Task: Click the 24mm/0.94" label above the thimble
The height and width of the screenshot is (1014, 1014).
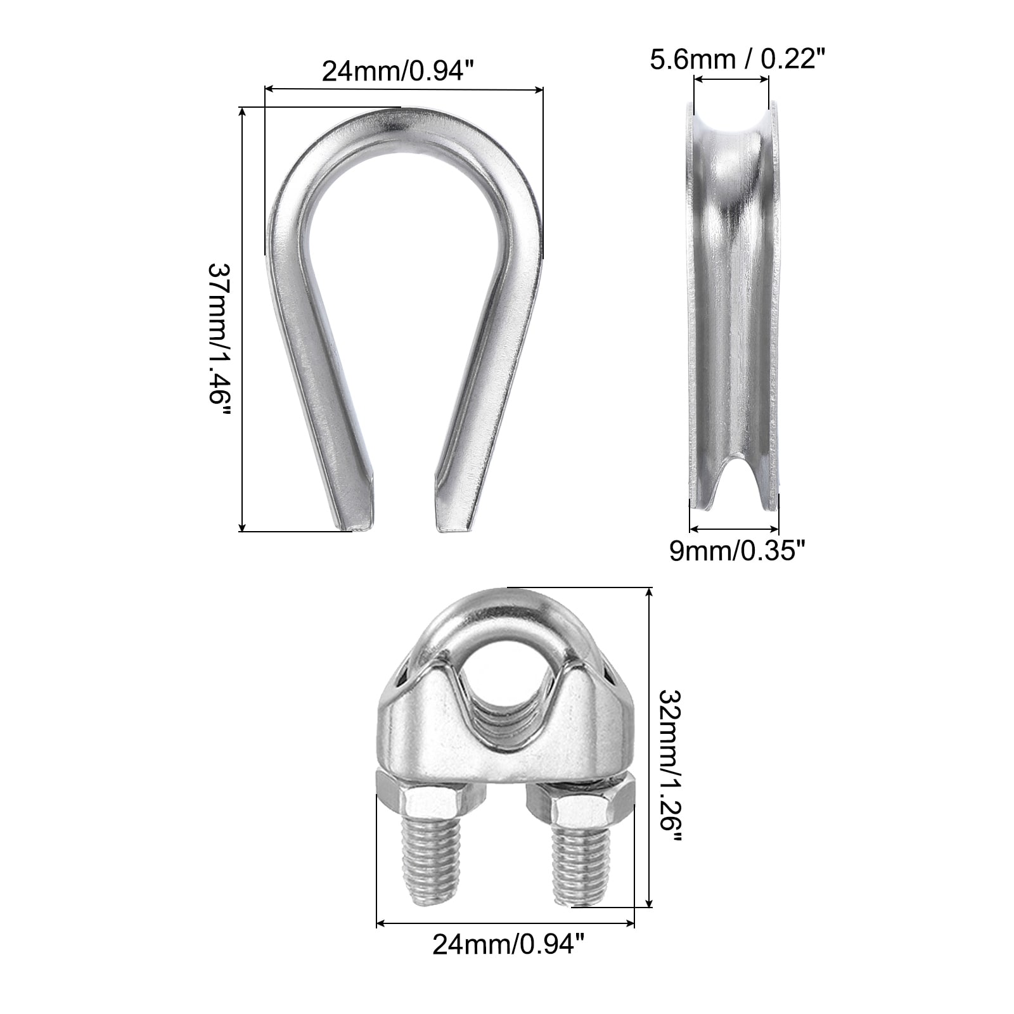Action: pyautogui.click(x=398, y=70)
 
